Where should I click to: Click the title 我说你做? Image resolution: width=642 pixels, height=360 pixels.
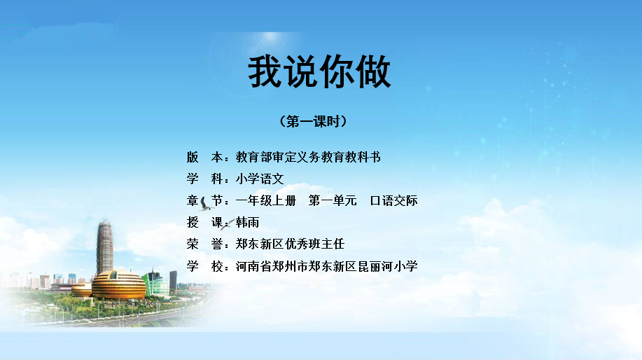click(x=319, y=72)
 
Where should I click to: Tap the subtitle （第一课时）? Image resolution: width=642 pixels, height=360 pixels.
click(x=313, y=121)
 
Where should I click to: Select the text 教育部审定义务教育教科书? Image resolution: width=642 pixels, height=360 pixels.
click(x=308, y=157)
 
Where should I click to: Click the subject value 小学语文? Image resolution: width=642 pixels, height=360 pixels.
click(x=260, y=179)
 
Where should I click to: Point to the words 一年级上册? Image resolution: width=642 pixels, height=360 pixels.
click(x=266, y=201)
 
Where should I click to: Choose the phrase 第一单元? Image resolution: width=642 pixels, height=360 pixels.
click(x=333, y=201)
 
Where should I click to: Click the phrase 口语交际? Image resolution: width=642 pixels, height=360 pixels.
click(x=393, y=201)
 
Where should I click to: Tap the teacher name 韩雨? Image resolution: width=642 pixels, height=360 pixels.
click(x=247, y=223)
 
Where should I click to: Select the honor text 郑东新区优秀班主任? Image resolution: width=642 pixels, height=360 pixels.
click(x=290, y=244)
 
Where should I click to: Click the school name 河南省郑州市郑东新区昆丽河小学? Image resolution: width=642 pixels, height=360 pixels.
click(x=327, y=266)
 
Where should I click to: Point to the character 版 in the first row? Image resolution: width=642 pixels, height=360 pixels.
click(x=193, y=157)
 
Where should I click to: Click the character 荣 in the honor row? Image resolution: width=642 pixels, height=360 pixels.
click(x=193, y=244)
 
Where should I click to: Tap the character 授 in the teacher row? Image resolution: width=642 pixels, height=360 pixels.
click(x=193, y=223)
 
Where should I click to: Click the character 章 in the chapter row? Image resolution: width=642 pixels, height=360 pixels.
click(x=193, y=201)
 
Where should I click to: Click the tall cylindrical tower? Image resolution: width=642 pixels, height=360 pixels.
click(x=104, y=247)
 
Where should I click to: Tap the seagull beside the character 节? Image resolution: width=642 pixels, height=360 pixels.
click(x=205, y=204)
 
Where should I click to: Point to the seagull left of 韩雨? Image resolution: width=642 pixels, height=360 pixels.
click(x=228, y=224)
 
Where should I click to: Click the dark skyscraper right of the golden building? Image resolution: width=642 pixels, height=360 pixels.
click(x=173, y=281)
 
